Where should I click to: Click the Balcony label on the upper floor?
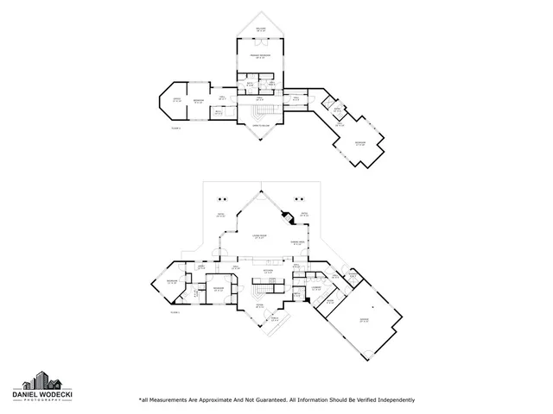tap(260, 29)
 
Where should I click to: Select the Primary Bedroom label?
tap(260, 57)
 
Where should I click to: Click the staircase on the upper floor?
tap(260, 111)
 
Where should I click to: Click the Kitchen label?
tap(268, 272)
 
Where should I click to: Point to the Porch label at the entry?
tap(275, 319)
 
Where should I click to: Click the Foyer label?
tap(259, 305)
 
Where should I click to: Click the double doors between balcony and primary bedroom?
tap(260, 41)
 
